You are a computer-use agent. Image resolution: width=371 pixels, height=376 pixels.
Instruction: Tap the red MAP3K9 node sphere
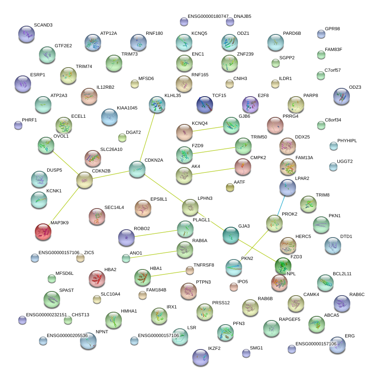tap(43, 232)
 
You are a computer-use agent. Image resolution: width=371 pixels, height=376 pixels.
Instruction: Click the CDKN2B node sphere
tap(85, 180)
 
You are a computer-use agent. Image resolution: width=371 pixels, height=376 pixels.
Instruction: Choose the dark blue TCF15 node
tap(204, 104)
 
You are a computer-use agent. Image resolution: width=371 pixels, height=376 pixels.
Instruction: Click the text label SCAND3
tap(43, 25)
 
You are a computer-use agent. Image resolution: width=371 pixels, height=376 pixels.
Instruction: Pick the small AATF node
tap(230, 187)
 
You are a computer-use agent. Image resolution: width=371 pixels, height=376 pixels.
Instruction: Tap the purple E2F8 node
tap(250, 104)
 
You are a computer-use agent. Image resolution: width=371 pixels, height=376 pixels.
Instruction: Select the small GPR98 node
tap(321, 34)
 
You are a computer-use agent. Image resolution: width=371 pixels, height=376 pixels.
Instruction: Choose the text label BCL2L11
tap(342, 274)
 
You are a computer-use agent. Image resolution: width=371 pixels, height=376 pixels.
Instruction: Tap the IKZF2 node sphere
tap(201, 357)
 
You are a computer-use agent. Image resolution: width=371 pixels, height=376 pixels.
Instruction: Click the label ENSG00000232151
tap(46, 315)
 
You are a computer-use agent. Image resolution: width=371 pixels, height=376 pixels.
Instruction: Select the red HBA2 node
tap(97, 279)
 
